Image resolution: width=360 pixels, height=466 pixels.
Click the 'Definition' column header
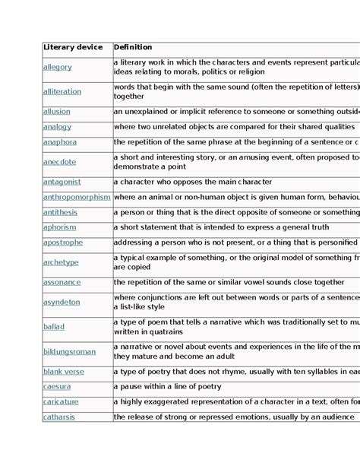coord(133,48)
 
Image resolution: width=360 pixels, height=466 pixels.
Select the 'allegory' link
coord(58,67)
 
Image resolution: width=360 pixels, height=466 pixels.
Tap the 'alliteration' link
coord(62,92)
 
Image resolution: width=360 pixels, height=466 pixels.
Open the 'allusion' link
coord(57,112)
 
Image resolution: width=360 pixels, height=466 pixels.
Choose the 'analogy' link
coord(57,127)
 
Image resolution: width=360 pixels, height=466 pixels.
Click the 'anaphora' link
coord(60,142)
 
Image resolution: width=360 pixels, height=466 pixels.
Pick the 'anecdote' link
coord(60,162)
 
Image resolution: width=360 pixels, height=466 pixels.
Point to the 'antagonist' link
coord(62,182)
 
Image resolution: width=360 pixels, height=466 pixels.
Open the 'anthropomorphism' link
coord(77,198)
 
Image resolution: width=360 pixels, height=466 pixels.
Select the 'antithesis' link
coord(60,213)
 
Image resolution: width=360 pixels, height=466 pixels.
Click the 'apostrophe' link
coord(63,243)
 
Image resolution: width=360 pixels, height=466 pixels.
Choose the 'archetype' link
coord(61,262)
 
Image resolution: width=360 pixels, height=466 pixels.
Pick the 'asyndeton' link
coord(62,302)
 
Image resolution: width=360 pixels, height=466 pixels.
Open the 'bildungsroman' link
coord(70,352)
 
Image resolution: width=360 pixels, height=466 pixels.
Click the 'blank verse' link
coord(64,372)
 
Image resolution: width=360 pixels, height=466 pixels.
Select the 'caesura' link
coord(57,387)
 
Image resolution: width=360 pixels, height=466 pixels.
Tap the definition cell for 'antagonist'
coord(193,182)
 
